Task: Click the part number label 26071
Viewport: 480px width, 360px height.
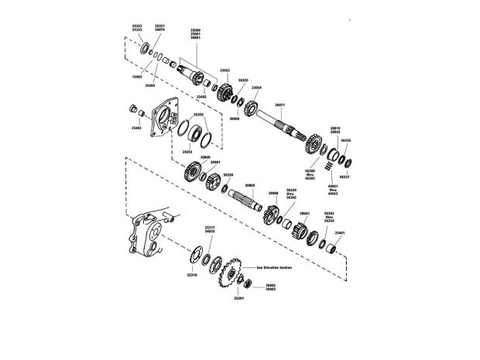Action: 279,105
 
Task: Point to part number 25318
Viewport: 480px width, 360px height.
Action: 191,274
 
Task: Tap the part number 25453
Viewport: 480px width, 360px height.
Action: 187,152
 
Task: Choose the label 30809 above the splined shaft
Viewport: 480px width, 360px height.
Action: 249,186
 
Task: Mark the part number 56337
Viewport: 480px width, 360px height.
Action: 345,177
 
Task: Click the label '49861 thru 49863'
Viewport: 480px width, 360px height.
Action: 334,189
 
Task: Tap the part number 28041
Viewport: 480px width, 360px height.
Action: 304,212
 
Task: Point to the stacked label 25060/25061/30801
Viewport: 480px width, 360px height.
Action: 195,34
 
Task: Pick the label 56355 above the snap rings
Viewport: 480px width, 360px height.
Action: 198,114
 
